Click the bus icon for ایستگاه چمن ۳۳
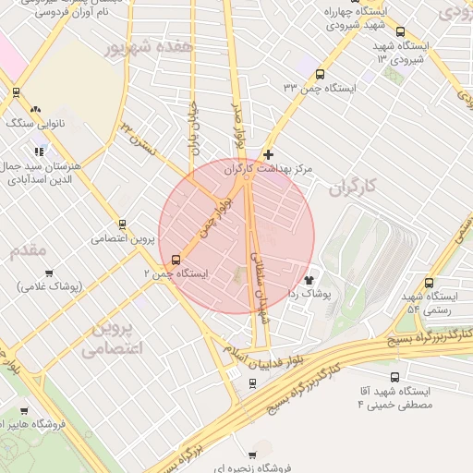pos(321,75)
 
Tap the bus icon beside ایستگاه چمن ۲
pos(176,260)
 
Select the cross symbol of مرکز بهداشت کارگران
pos(268,154)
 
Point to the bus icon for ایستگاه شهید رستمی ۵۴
pos(429,284)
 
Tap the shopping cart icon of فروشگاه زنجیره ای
pos(252,455)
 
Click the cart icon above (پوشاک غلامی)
pos(49,273)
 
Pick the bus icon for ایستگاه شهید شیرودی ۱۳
pos(400,31)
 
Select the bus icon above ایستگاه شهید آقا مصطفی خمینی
pos(395,378)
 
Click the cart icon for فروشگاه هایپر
pos(23,411)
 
